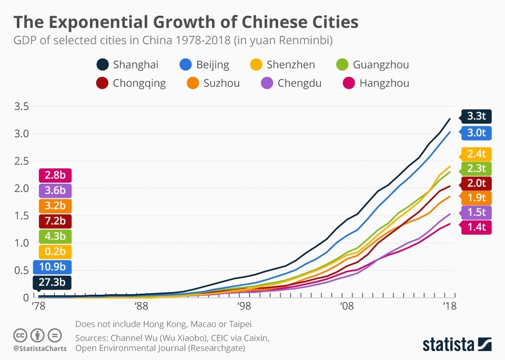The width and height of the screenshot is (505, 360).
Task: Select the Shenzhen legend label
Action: click(x=291, y=65)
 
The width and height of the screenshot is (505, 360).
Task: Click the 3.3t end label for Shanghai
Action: click(x=476, y=117)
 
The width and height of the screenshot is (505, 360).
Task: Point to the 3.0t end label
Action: click(x=476, y=133)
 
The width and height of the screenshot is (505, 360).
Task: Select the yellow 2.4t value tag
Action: click(x=476, y=154)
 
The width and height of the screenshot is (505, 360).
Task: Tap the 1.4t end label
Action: click(x=476, y=227)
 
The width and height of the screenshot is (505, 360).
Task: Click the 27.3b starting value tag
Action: click(x=53, y=283)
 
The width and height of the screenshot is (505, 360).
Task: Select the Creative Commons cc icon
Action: click(x=20, y=335)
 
